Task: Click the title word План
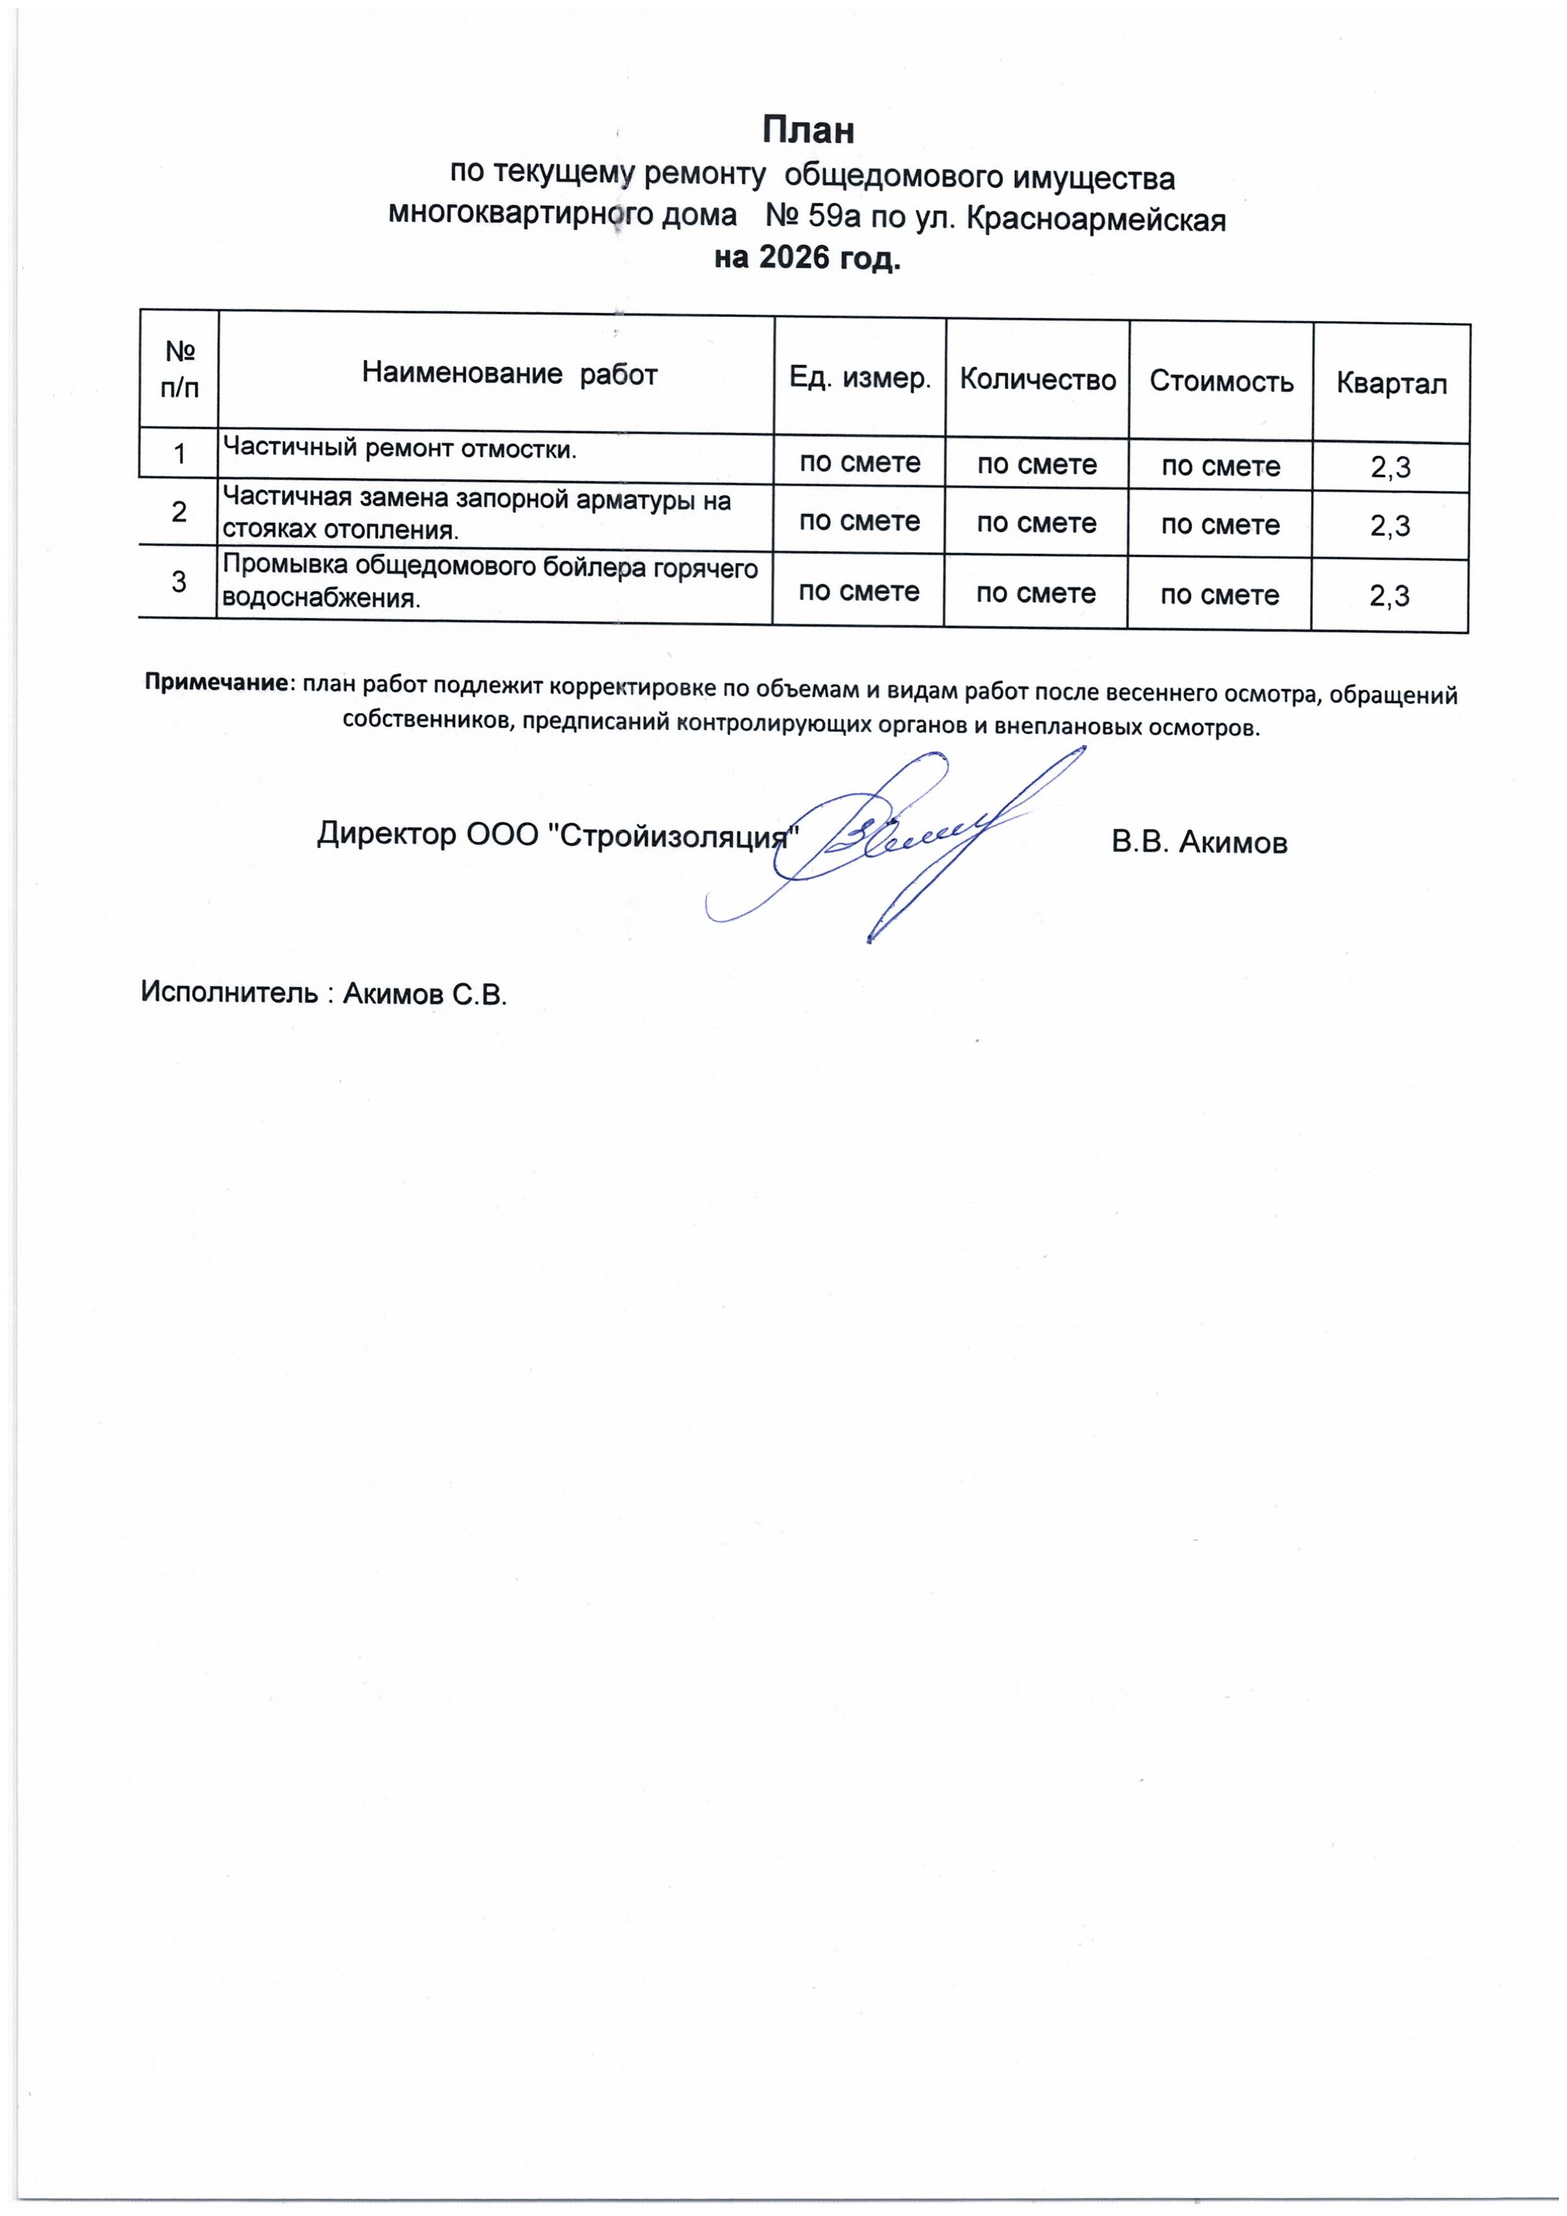(808, 129)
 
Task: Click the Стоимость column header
(1220, 382)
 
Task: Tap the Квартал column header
(1390, 384)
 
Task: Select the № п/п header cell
(179, 369)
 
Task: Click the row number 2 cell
(179, 512)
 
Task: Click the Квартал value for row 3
(1389, 596)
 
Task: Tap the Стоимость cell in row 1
(1220, 466)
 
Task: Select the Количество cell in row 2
(1036, 523)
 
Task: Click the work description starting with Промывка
(490, 582)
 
